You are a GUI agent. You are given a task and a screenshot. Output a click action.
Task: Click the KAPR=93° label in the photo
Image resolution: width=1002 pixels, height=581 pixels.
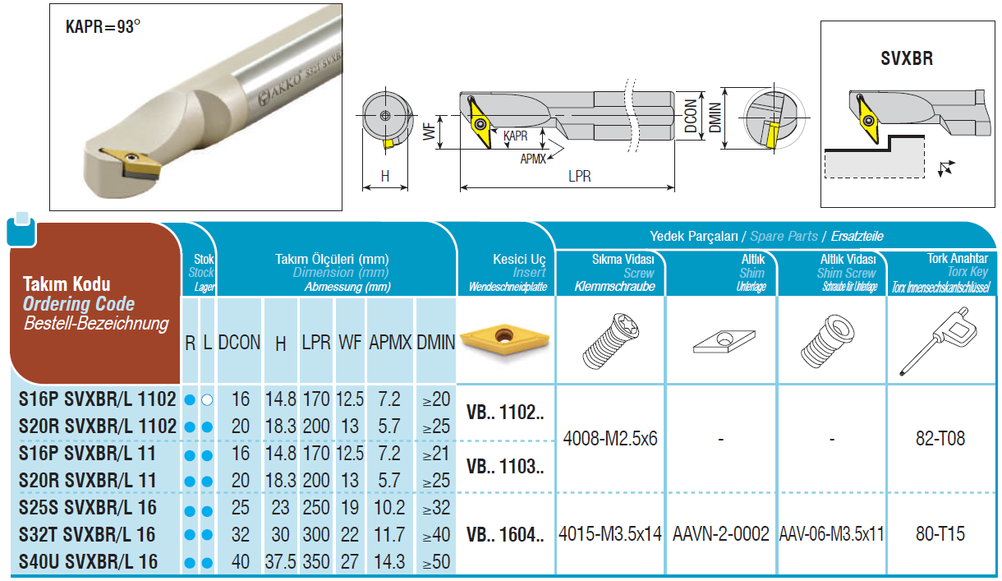point(103,27)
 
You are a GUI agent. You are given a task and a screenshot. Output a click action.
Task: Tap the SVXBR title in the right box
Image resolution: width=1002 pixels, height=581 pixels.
point(907,58)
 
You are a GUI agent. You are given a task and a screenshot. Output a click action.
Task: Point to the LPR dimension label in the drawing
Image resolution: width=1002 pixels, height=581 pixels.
point(579,177)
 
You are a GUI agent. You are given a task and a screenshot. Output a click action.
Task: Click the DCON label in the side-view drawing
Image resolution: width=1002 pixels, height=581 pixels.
point(691,116)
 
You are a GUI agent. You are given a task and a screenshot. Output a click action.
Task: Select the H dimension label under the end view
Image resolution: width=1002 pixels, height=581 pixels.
point(385,177)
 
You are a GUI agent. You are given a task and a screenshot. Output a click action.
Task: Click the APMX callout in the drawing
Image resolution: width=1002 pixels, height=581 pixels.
point(533,159)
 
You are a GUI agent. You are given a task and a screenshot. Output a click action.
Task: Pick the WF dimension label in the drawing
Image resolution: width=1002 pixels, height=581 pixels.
point(429,132)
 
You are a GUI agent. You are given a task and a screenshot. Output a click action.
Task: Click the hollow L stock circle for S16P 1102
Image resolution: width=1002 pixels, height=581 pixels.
point(207,399)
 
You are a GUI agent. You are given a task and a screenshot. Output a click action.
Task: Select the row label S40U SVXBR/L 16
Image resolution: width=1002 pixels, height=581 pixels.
point(88,562)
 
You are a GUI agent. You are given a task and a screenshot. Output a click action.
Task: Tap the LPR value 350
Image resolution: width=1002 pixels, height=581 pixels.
point(316,562)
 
